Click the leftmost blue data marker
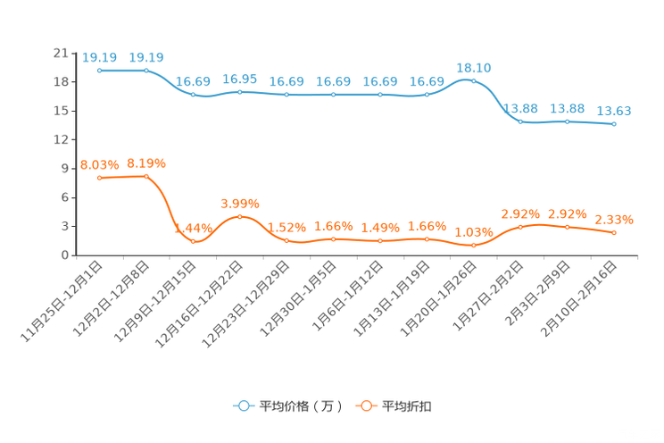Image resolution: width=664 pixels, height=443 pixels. tap(99, 70)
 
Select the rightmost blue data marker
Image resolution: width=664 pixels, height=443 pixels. tap(614, 124)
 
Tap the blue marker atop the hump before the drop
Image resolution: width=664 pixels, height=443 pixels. tap(473, 81)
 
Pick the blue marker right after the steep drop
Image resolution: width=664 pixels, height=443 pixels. tap(520, 121)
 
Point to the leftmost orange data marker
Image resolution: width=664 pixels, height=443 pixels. tap(99, 178)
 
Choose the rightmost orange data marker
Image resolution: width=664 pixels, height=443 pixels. tap(614, 233)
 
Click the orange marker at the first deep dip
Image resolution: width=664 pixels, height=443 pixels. tap(193, 241)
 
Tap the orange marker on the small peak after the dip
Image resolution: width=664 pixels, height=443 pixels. tap(239, 216)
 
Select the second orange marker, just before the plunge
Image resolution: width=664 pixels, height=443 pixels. tap(146, 176)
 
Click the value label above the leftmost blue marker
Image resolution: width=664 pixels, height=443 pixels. tap(99, 57)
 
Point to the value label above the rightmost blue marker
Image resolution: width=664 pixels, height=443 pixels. tap(614, 112)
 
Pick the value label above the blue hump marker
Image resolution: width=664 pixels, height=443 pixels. tap(473, 68)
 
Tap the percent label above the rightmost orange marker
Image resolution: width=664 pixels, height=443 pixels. tap(614, 219)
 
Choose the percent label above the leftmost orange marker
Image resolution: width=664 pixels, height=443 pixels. tap(99, 164)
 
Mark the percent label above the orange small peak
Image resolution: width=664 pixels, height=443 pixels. tap(239, 202)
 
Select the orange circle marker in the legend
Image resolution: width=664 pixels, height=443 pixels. tap(365, 405)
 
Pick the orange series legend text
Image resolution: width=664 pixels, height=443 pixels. tap(407, 406)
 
